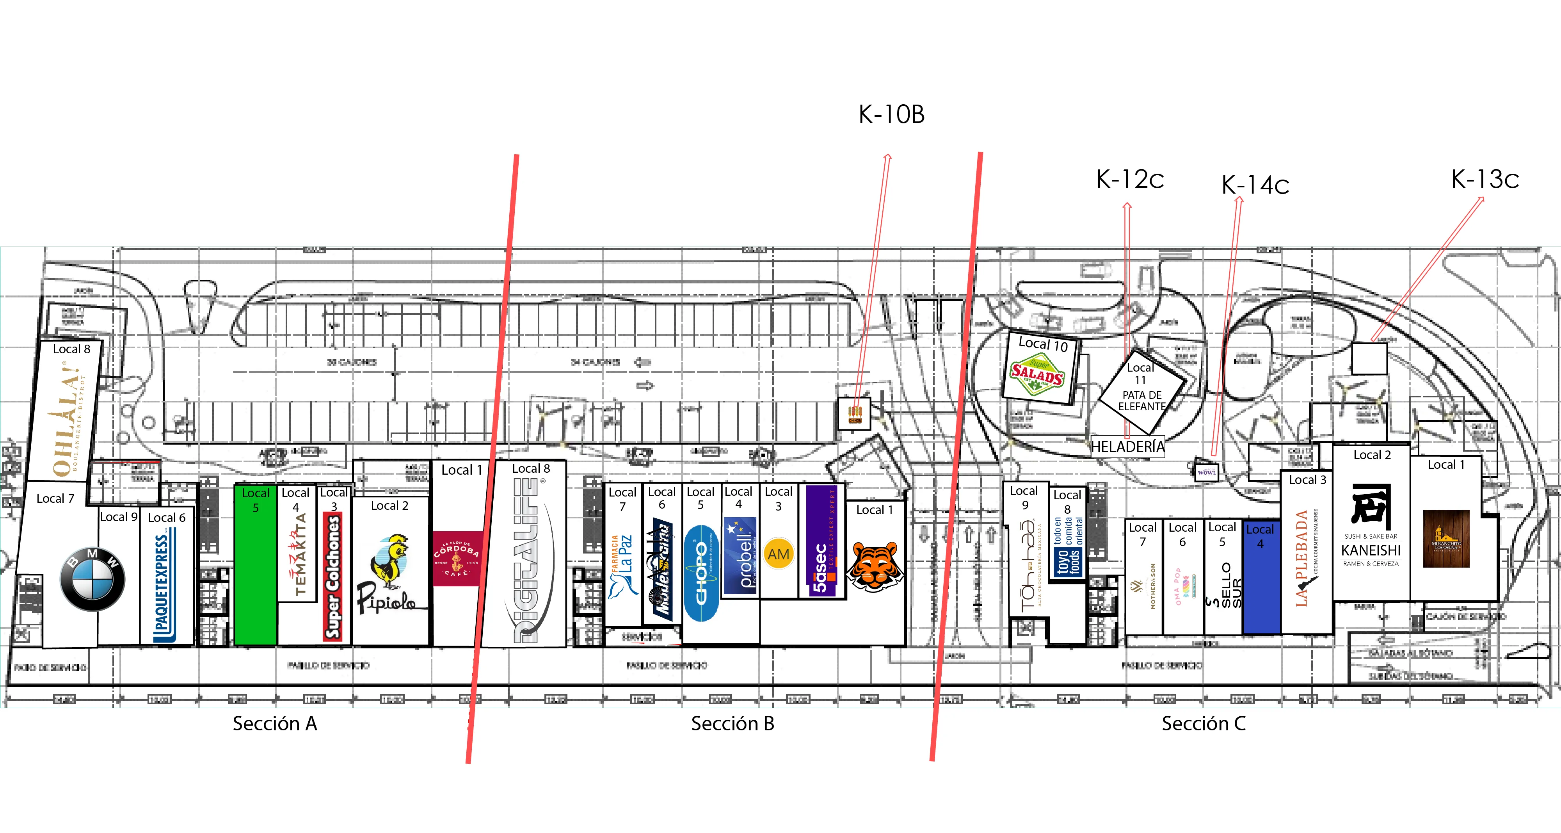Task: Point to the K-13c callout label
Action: click(1485, 180)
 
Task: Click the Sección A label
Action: click(274, 723)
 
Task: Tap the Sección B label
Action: click(732, 723)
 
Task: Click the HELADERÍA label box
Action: click(1127, 447)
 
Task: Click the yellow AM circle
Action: click(779, 554)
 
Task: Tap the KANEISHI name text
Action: click(1371, 550)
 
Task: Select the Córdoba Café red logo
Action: click(457, 558)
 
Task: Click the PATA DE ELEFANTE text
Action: click(1141, 401)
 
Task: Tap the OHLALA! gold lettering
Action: click(66, 418)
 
